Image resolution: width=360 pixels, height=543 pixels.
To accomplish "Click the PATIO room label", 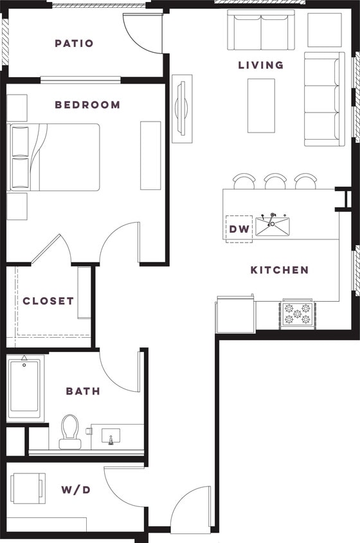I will coord(74,44).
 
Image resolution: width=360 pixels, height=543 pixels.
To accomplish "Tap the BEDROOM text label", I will coord(87,105).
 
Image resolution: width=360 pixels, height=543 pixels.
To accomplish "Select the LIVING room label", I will coord(260,65).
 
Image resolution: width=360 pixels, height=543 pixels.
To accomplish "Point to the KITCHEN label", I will coord(280,270).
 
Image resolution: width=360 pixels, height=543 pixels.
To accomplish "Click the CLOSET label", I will coord(48,301).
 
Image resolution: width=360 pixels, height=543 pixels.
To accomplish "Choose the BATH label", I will coord(83,391).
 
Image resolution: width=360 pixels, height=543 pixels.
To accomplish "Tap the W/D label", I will coord(76,490).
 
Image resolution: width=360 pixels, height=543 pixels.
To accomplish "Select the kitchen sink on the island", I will coord(273,226).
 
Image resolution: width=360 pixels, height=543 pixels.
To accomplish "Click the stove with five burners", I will coord(296,315).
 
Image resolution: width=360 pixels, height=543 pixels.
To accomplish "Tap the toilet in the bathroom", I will coord(69,431).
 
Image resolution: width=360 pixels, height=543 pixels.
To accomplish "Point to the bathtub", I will coord(24,388).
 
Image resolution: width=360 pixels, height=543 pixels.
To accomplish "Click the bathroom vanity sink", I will coord(111,436).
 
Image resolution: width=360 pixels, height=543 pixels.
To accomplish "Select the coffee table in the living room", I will coord(261,106).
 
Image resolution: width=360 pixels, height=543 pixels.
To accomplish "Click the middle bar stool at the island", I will coord(274,181).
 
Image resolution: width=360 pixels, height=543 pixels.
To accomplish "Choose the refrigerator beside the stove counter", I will coord(235,315).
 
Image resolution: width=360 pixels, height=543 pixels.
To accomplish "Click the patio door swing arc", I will coord(143,33).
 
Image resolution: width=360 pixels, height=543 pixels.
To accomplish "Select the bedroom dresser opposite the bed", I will coord(150,155).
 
